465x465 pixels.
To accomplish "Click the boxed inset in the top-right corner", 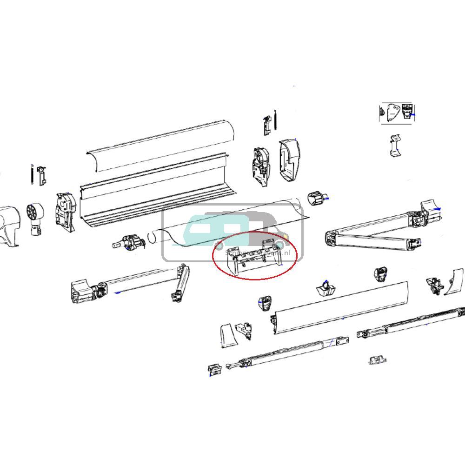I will (397, 113).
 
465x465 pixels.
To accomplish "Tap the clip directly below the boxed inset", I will (395, 145).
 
